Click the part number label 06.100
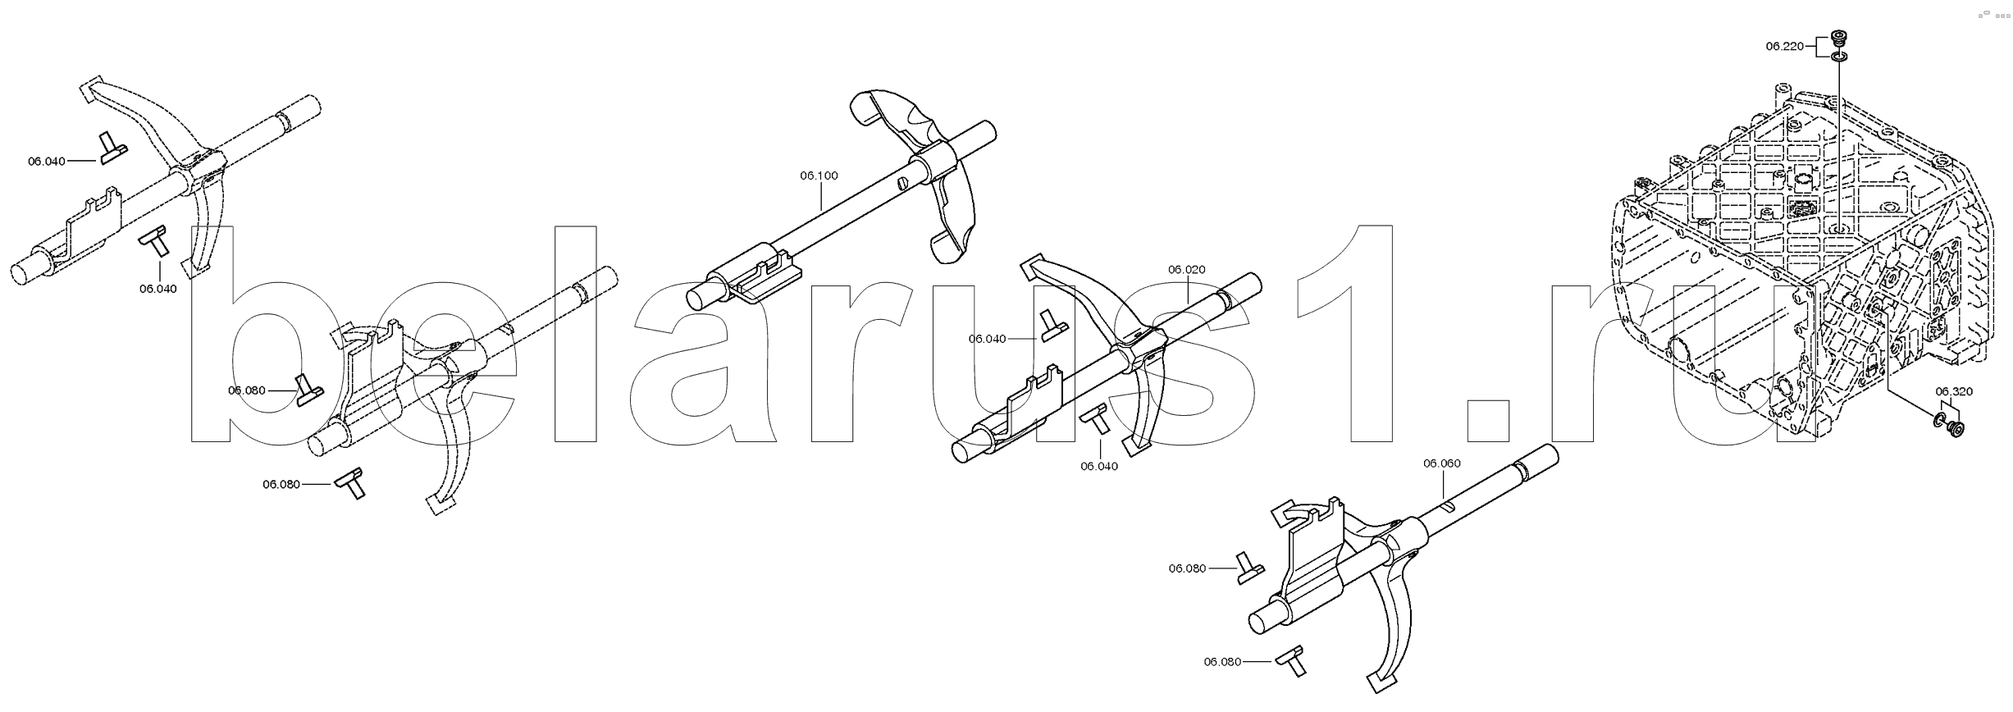pyautogui.click(x=819, y=175)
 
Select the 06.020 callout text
pyautogui.click(x=1187, y=270)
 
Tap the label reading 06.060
pyautogui.click(x=1442, y=463)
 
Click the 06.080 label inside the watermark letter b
pyautogui.click(x=247, y=390)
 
